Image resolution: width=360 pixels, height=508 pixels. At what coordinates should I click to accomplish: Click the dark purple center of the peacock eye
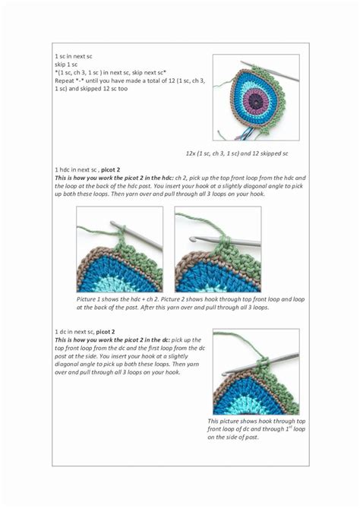click(256, 103)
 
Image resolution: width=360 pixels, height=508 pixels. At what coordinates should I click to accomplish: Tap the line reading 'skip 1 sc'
click(66, 65)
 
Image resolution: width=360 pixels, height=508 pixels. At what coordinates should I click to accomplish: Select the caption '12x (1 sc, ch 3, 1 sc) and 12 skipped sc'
click(237, 153)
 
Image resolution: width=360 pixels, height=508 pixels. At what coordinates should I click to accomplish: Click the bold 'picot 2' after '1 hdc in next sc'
click(110, 170)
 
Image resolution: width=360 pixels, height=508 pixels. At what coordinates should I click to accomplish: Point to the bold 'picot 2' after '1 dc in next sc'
click(106, 332)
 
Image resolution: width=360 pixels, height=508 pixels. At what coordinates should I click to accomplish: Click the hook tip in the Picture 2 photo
click(193, 238)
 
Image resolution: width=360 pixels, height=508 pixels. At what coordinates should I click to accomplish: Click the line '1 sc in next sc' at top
click(74, 56)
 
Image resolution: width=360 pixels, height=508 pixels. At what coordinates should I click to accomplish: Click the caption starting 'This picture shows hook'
click(256, 429)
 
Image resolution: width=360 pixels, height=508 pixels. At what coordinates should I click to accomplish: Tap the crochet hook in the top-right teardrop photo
click(270, 71)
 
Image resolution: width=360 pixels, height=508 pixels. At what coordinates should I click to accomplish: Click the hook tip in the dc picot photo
click(224, 374)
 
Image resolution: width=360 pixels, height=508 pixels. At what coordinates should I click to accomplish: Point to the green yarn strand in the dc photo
click(240, 340)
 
